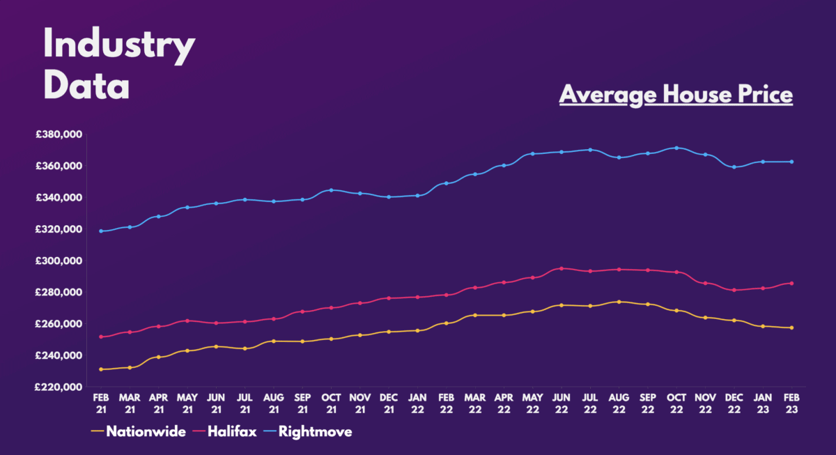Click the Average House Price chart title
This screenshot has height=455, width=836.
676,94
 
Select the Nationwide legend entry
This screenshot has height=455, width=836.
146,432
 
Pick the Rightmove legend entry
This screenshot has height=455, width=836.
315,432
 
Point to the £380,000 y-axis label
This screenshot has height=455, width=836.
60,134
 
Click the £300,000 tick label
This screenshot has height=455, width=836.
60,261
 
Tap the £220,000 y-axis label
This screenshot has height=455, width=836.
60,387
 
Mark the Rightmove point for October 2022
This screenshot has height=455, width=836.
676,148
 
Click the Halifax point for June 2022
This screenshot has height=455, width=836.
562,268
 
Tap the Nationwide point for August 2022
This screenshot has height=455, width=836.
619,302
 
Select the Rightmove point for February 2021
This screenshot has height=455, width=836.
101,231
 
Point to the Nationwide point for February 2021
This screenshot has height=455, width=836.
101,369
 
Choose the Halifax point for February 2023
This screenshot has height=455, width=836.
791,283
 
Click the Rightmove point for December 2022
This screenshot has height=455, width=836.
734,167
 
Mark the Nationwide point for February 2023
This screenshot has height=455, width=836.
791,327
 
